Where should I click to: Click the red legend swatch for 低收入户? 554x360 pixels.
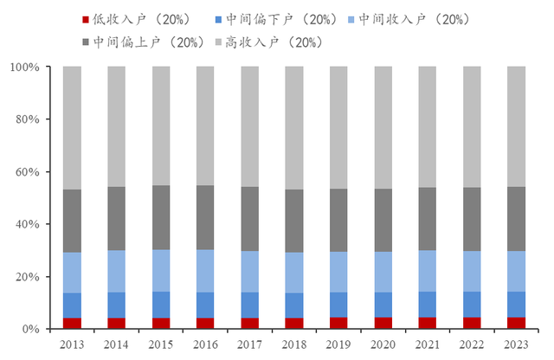pyautogui.click(x=87, y=18)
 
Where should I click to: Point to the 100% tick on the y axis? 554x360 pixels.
pyautogui.click(x=37, y=67)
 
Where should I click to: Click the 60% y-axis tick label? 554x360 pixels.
pyautogui.click(x=40, y=172)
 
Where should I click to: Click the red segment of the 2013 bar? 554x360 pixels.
pyautogui.click(x=72, y=324)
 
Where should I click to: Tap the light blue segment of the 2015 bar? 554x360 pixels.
pyautogui.click(x=161, y=271)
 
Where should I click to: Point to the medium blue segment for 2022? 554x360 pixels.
pyautogui.click(x=472, y=305)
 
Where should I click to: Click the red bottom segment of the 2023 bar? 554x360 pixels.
pyautogui.click(x=516, y=324)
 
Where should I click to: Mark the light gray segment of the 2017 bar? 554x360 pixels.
pyautogui.click(x=249, y=126)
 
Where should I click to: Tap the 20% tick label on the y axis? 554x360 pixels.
pyautogui.click(x=40, y=277)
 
